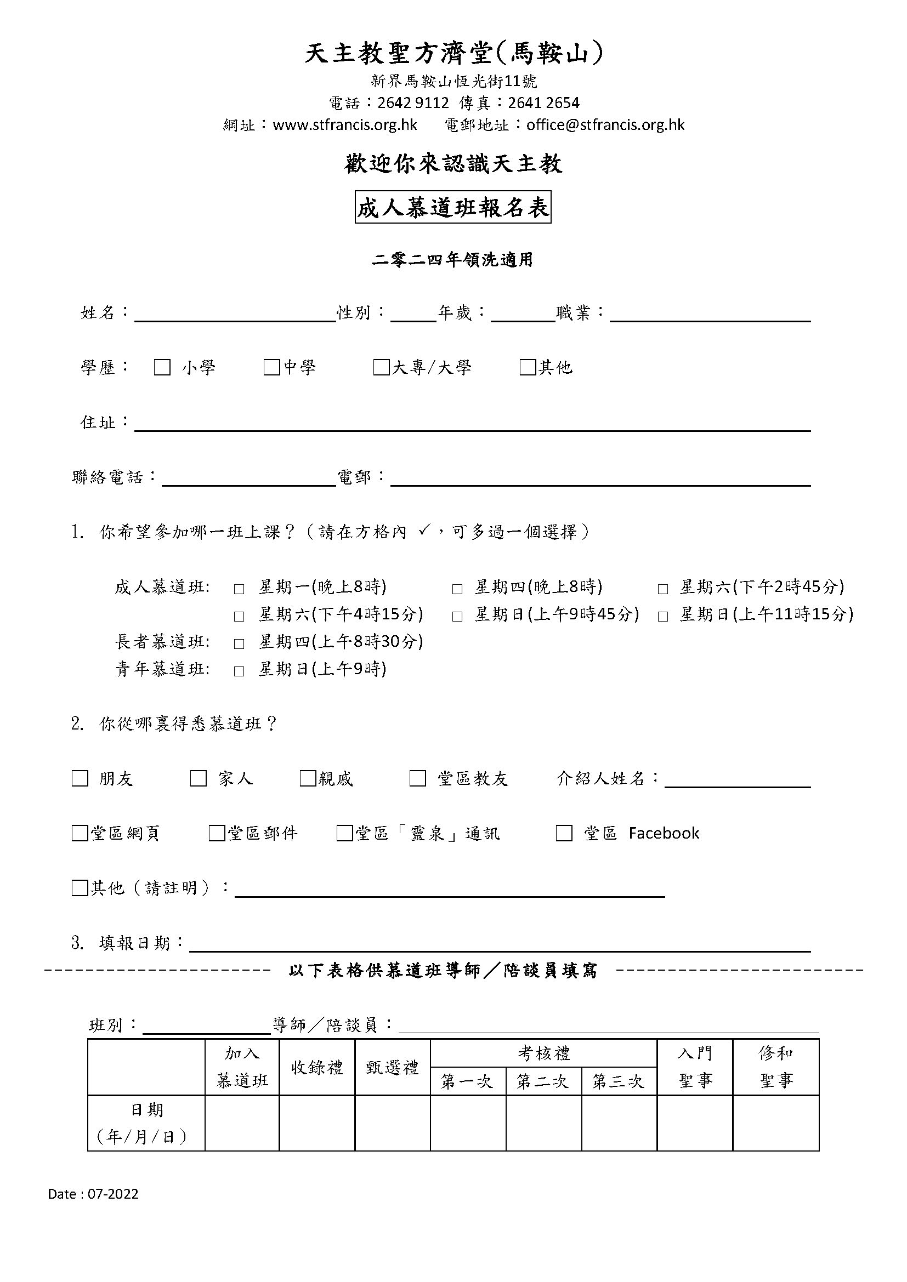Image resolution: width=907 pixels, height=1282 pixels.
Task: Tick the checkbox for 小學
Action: pyautogui.click(x=162, y=367)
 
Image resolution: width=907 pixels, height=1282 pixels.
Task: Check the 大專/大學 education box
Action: pyautogui.click(x=381, y=367)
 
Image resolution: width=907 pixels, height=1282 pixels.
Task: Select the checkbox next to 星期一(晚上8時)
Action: pyautogui.click(x=239, y=589)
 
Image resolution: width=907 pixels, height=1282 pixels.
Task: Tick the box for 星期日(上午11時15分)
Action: pyautogui.click(x=663, y=617)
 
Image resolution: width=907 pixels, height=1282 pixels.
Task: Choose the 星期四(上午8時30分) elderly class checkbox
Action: pyautogui.click(x=239, y=645)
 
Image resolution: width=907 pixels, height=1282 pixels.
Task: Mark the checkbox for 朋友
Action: pyautogui.click(x=80, y=778)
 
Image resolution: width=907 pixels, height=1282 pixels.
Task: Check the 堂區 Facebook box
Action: pyautogui.click(x=564, y=833)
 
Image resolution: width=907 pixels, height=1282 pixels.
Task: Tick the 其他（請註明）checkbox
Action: pyautogui.click(x=80, y=888)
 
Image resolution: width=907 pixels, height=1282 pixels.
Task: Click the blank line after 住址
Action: pyautogui.click(x=472, y=424)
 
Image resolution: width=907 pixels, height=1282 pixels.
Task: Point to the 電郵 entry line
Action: pyautogui.click(x=600, y=479)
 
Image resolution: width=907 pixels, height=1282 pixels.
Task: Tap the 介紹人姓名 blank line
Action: pyautogui.click(x=737, y=780)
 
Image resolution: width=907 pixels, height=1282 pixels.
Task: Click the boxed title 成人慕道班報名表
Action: pyautogui.click(x=453, y=208)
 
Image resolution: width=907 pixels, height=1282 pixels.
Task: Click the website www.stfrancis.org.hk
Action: pyautogui.click(x=344, y=124)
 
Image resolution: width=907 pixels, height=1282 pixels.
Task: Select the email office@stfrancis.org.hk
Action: pyautogui.click(x=605, y=124)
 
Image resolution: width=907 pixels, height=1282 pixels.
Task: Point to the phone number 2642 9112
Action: pyautogui.click(x=413, y=102)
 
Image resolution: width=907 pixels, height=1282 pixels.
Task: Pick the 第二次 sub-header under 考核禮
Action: pyautogui.click(x=543, y=1081)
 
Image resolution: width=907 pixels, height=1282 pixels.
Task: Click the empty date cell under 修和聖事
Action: pyautogui.click(x=776, y=1124)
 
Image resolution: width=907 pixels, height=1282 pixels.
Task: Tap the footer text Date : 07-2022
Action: pyautogui.click(x=93, y=1194)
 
